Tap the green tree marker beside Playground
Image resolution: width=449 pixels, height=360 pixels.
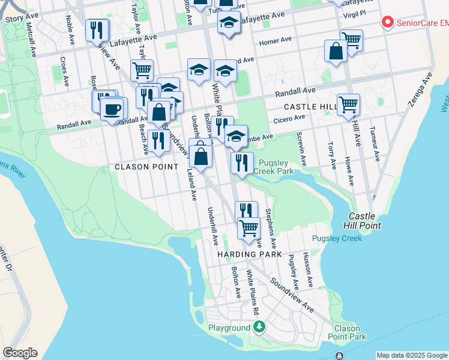tap(259, 328)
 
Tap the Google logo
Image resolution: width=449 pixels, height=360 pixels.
tap(20, 353)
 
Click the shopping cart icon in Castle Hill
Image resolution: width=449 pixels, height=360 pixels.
tap(348, 104)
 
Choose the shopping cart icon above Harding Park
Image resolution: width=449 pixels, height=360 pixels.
tap(249, 227)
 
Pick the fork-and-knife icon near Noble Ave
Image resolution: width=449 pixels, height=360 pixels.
tap(97, 29)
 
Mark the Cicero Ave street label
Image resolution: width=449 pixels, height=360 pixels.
tap(290, 120)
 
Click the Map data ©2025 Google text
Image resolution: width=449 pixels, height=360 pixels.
tap(412, 355)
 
